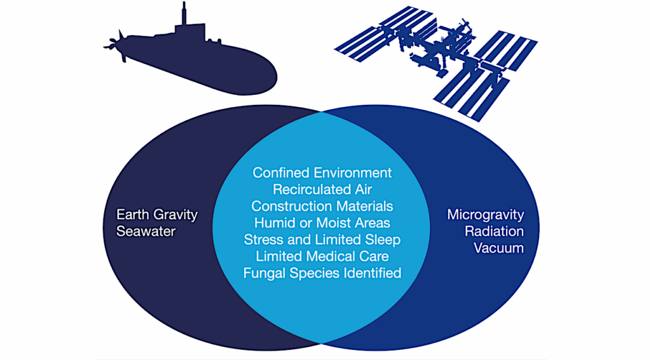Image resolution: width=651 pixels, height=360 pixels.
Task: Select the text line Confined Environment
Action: pyautogui.click(x=322, y=172)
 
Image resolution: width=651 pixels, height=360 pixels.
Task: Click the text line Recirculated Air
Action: pyautogui.click(x=322, y=189)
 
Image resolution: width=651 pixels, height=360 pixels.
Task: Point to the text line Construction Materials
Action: pyautogui.click(x=322, y=206)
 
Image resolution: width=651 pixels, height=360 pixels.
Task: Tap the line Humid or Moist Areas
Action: pyautogui.click(x=322, y=223)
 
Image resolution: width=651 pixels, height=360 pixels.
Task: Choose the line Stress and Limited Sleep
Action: pyautogui.click(x=322, y=240)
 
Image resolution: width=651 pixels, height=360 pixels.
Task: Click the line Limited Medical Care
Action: pyautogui.click(x=322, y=256)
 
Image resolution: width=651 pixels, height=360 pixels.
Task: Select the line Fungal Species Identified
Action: pyautogui.click(x=322, y=273)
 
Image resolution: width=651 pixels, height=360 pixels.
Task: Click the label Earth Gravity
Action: pyautogui.click(x=157, y=214)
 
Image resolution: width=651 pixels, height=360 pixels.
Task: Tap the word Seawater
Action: pyautogui.click(x=146, y=231)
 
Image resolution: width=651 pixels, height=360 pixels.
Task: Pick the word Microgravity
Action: pyautogui.click(x=486, y=214)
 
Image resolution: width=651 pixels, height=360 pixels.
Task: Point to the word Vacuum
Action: pyautogui.click(x=499, y=247)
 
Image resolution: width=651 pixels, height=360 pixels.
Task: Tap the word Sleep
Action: pyautogui.click(x=384, y=240)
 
